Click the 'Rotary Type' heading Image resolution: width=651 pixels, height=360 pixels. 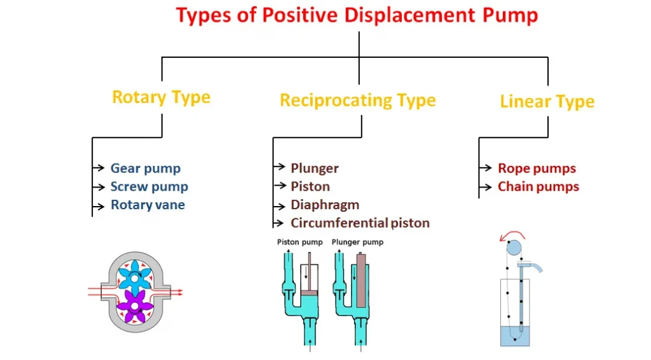(161, 97)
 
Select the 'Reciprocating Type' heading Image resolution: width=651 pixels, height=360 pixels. (357, 100)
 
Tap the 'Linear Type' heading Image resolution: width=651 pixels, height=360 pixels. (547, 102)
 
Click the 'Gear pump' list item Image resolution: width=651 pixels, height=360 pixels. (146, 169)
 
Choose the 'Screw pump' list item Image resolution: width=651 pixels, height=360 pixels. (149, 187)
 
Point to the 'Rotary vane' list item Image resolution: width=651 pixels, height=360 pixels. (148, 205)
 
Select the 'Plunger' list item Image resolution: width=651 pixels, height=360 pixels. (315, 169)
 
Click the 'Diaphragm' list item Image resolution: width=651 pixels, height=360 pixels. (325, 205)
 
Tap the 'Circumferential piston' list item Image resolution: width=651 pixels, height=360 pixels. (360, 223)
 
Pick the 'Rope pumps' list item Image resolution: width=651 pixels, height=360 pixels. (537, 169)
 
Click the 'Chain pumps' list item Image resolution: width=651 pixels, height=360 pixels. (538, 187)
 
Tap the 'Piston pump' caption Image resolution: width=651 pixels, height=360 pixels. (300, 242)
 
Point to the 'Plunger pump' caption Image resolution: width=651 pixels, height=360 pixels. (358, 242)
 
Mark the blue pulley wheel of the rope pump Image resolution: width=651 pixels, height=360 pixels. (514, 247)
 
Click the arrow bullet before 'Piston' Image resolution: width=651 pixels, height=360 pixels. (279, 186)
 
